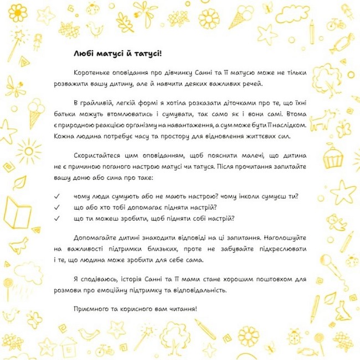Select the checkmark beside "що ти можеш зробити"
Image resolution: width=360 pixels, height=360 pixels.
pyautogui.click(x=56, y=218)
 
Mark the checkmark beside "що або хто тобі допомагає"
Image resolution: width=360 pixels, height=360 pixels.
pyautogui.click(x=56, y=207)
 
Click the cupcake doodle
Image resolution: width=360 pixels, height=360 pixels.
pyautogui.click(x=333, y=157)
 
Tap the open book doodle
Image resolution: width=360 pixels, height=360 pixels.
pyautogui.click(x=15, y=213)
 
